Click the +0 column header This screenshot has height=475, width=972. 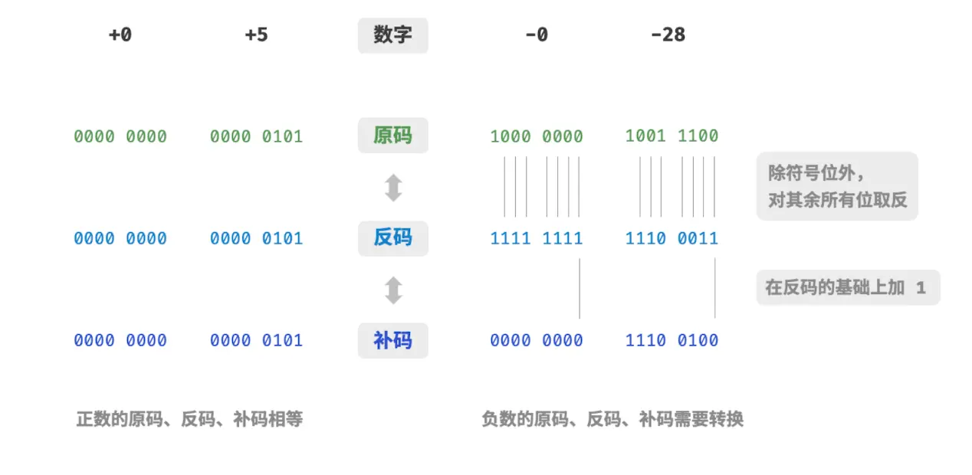tap(120, 34)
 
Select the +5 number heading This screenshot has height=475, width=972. tap(257, 34)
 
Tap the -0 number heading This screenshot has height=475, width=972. tap(537, 34)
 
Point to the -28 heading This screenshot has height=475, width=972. tap(668, 34)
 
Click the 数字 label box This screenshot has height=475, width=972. tap(393, 35)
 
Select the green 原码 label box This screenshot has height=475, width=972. tap(393, 136)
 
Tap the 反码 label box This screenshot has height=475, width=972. tap(393, 238)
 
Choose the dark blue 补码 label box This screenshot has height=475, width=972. tap(393, 340)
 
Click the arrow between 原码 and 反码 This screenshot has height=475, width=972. tap(393, 188)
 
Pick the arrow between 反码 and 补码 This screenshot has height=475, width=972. tap(393, 290)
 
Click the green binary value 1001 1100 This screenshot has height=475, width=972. tap(672, 136)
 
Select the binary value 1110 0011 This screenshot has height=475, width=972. tap(672, 238)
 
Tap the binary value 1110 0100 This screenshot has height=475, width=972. tap(672, 340)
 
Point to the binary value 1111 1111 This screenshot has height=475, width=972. tap(537, 238)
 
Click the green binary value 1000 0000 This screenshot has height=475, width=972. tap(537, 136)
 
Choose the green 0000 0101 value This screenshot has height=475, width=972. tap(257, 136)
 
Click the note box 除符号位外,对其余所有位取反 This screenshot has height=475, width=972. tap(837, 186)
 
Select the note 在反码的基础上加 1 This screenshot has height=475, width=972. tap(848, 287)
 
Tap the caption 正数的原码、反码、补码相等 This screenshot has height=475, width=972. tap(189, 419)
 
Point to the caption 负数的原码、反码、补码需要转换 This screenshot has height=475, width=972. tap(612, 419)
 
